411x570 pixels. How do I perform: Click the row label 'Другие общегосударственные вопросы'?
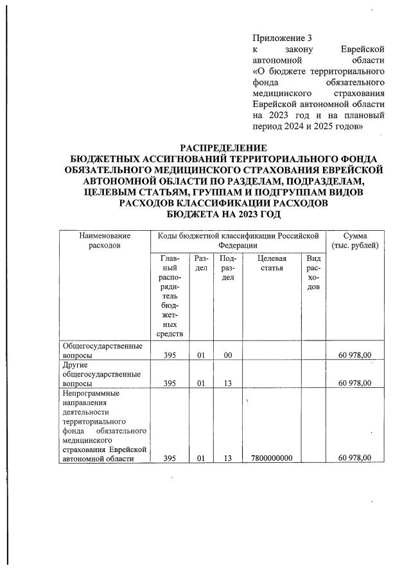101,372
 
